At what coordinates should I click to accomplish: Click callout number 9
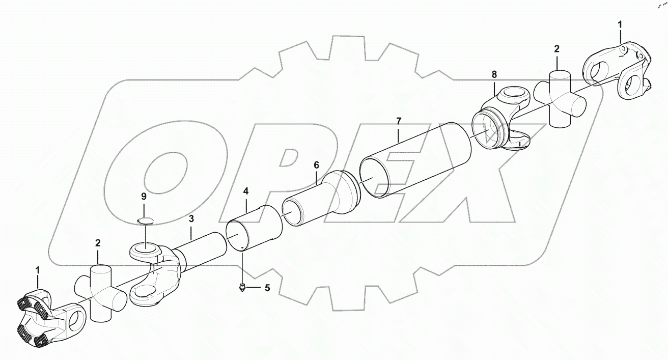click(144, 196)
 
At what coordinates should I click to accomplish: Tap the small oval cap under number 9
click(145, 220)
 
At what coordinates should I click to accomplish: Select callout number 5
click(267, 288)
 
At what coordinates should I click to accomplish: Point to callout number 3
click(191, 220)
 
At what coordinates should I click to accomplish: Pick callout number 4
click(246, 192)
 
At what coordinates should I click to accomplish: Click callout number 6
click(316, 165)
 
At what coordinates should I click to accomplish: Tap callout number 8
click(494, 74)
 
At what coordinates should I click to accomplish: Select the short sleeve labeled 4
click(255, 228)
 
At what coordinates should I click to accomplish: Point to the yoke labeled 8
click(496, 120)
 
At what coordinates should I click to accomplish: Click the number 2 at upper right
click(556, 49)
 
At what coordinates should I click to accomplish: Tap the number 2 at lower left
click(97, 244)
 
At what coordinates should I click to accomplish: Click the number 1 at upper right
click(620, 24)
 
